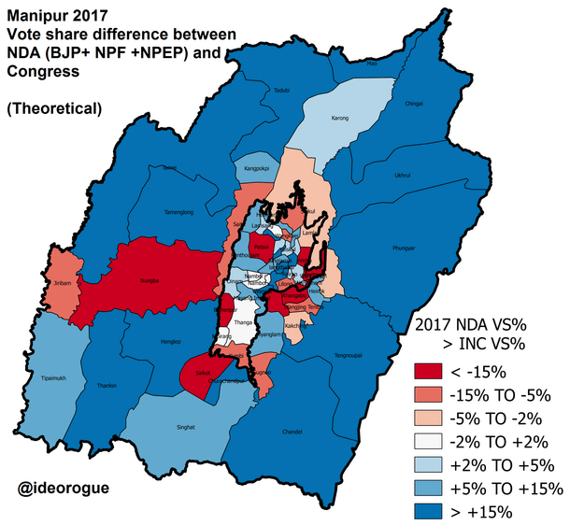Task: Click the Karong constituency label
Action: tap(340, 120)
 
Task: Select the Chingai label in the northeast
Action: tap(415, 105)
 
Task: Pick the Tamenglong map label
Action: tap(178, 214)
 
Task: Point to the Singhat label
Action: tap(186, 427)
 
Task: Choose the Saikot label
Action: tap(204, 373)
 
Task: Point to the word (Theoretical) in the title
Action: tap(55, 108)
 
